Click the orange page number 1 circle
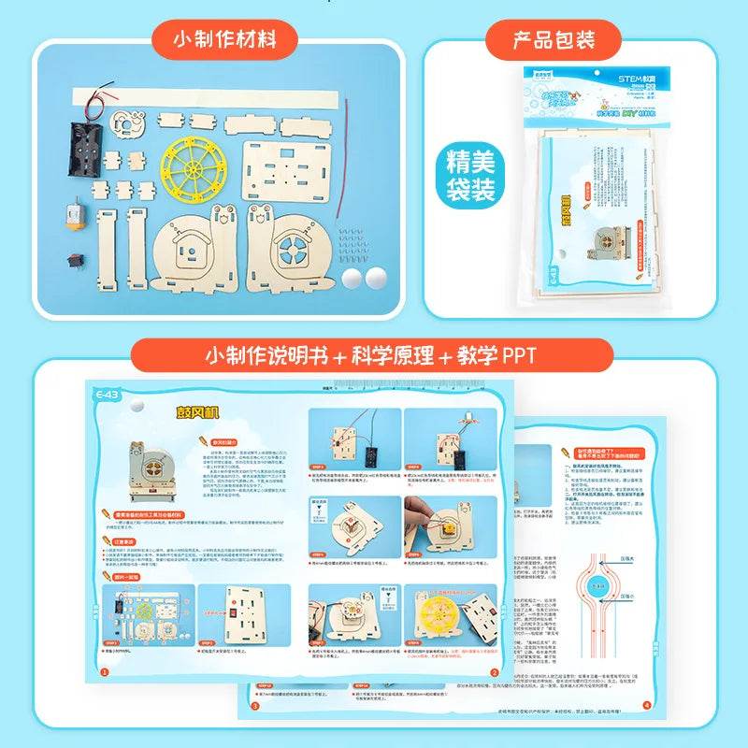tap(105, 671)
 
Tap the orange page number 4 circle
tap(646, 705)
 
